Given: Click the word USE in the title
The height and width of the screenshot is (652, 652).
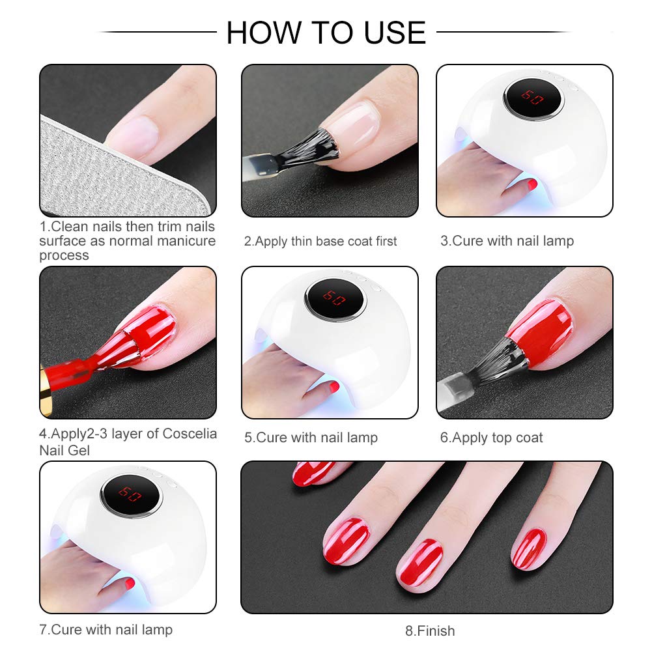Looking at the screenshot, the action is tap(395, 33).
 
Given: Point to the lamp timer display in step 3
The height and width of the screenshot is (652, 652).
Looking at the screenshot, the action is tap(532, 98).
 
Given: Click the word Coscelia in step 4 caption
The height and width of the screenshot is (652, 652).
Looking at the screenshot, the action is tap(190, 433).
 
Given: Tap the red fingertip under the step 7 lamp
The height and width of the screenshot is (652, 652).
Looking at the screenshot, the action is tap(130, 584).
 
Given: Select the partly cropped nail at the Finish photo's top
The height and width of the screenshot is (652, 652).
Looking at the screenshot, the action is tap(312, 473).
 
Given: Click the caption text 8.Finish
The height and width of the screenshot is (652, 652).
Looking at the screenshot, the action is tap(430, 631).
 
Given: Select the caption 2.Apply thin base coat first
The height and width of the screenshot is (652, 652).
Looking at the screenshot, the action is tap(320, 241).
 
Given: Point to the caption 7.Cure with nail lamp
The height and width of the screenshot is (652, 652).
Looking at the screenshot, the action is tap(106, 630).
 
